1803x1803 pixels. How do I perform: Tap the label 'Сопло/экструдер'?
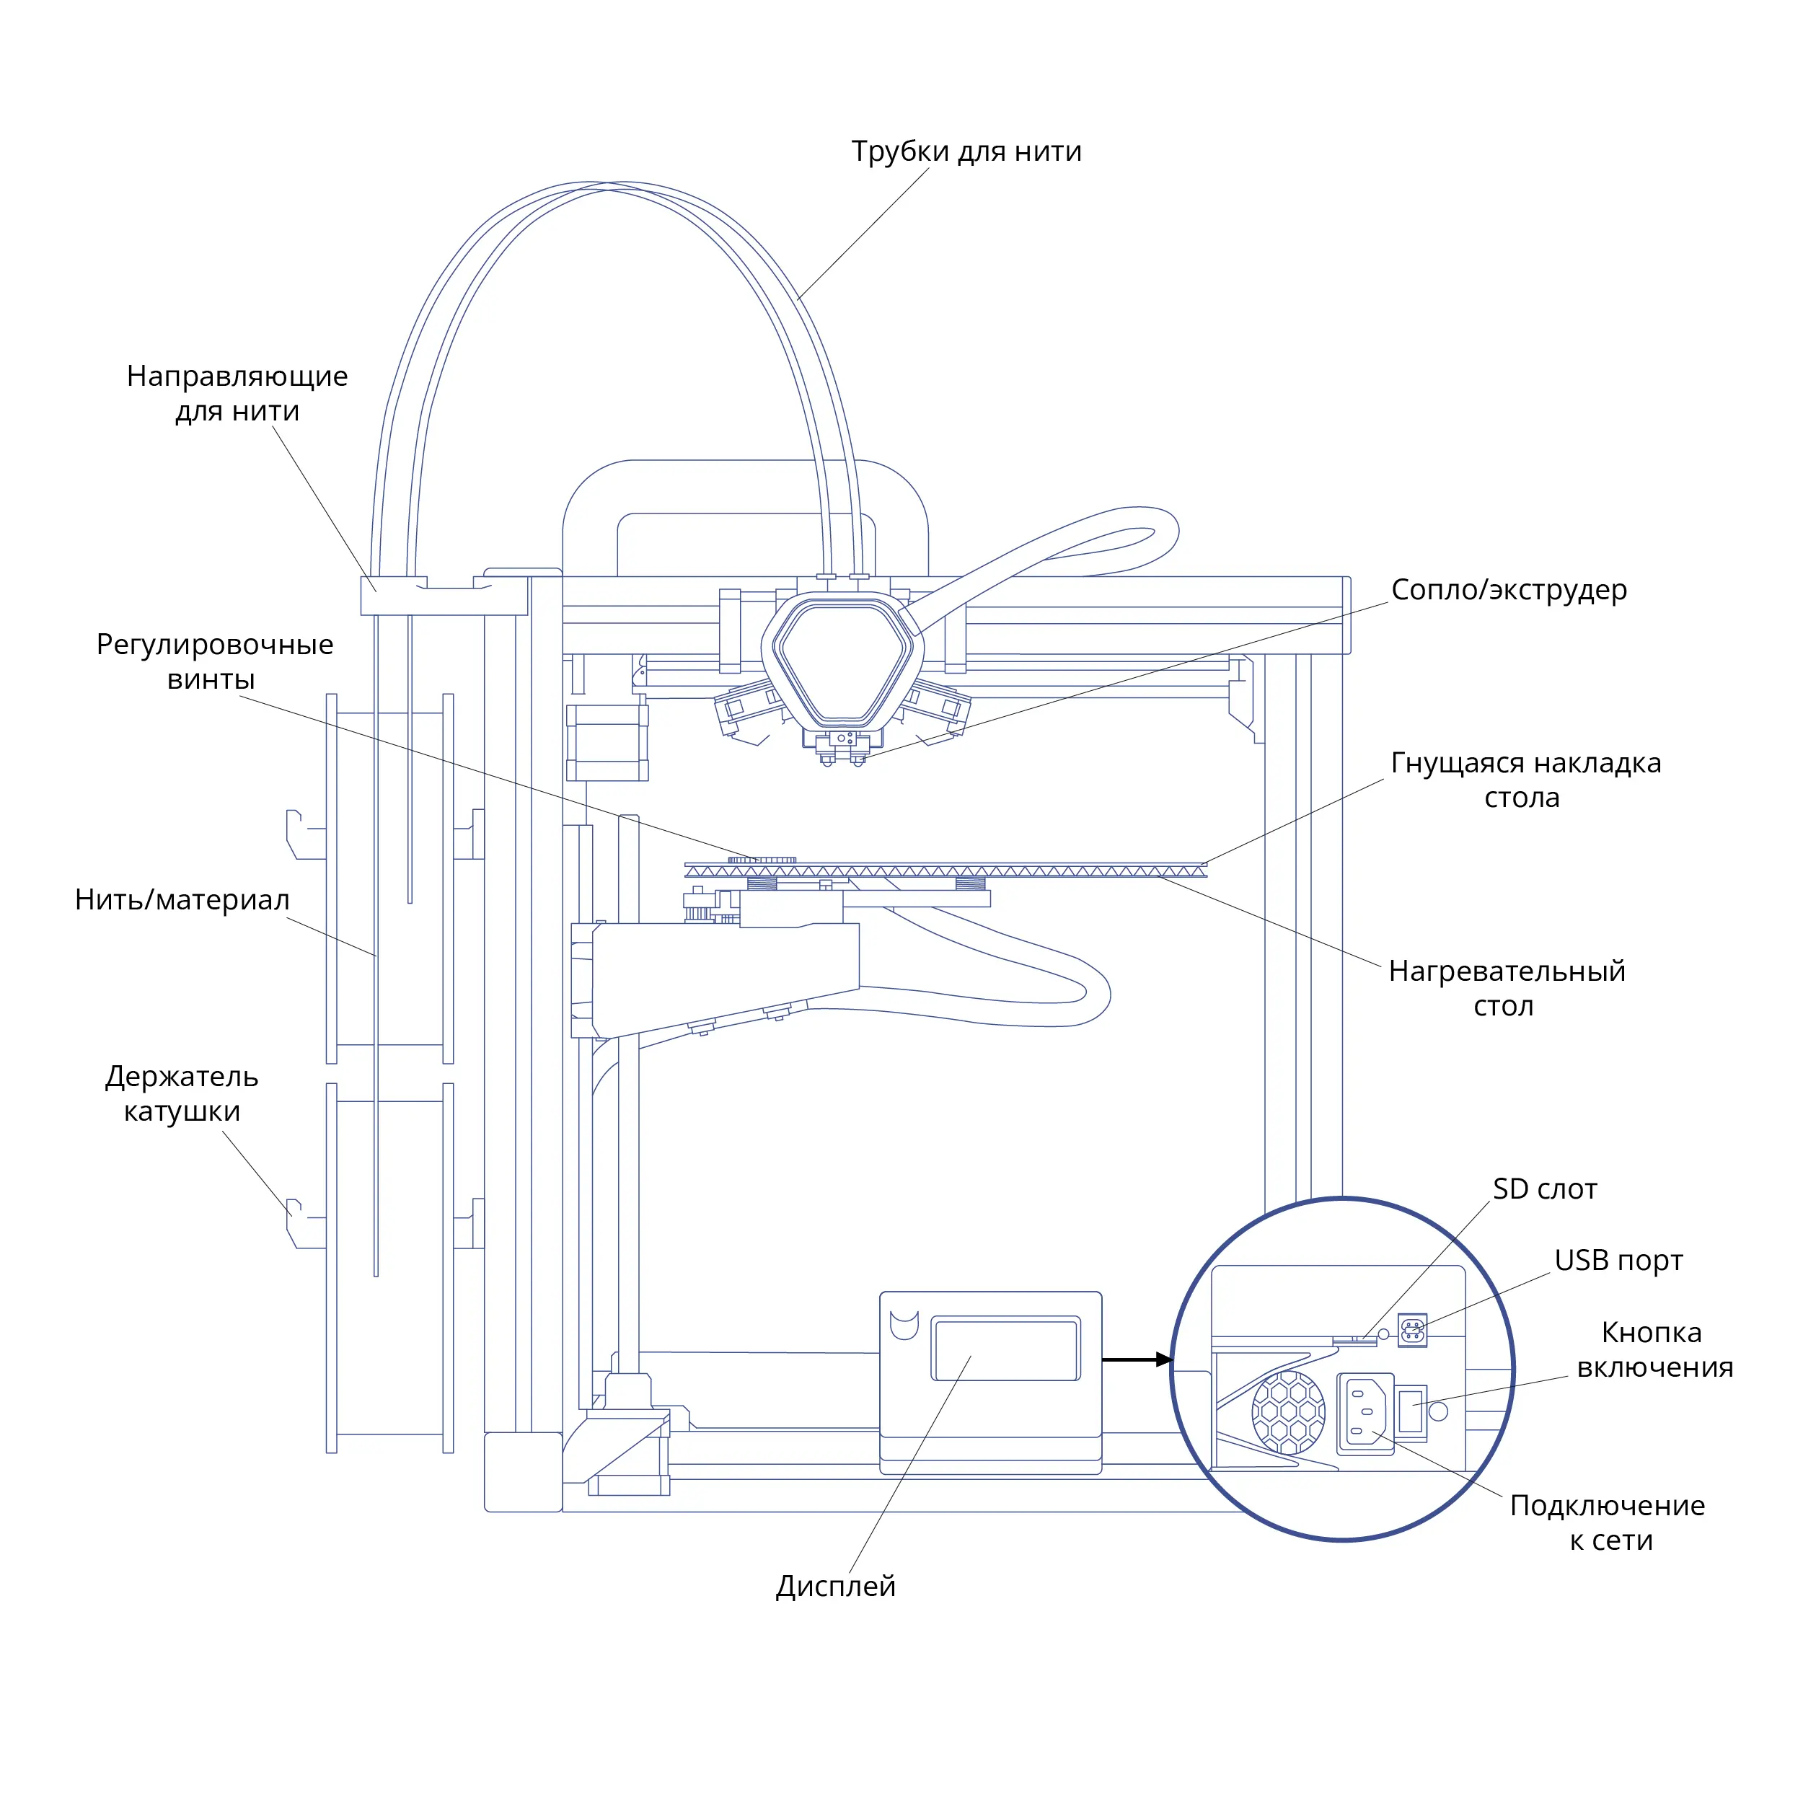[1509, 590]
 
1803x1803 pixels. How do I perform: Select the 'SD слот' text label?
[1545, 1189]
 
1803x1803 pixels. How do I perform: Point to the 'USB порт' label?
[1618, 1261]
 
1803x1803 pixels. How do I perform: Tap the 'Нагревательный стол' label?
[1507, 988]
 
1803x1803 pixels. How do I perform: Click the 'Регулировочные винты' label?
[215, 661]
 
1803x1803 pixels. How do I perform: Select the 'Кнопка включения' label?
[1654, 1349]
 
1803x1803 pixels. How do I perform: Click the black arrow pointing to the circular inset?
[1137, 1359]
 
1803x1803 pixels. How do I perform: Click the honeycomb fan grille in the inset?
[1288, 1412]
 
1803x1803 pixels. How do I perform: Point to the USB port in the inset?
[1413, 1330]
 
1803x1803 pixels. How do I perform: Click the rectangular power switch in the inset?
[1410, 1413]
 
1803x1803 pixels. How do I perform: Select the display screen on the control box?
[1006, 1348]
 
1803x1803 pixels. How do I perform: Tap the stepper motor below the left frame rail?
[607, 743]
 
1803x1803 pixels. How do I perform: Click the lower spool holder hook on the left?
[304, 1223]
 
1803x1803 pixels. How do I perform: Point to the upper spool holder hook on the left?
[304, 834]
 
